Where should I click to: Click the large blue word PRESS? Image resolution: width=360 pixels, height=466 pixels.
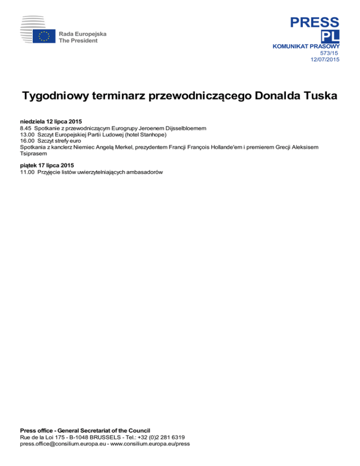tap(314, 22)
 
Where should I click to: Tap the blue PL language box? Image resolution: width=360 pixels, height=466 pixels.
tap(330, 37)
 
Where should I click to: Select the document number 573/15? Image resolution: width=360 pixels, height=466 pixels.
tap(330, 53)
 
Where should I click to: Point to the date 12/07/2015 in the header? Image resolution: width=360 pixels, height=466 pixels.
tap(325, 59)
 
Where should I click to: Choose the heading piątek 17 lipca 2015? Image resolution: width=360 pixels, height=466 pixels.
tap(47, 165)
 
